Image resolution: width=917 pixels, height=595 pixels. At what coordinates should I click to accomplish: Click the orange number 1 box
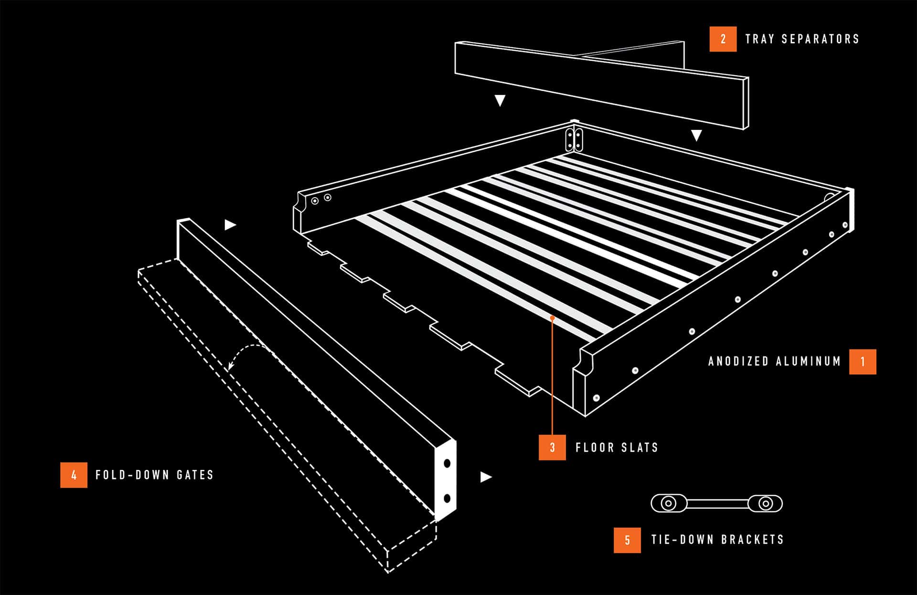[x=863, y=361]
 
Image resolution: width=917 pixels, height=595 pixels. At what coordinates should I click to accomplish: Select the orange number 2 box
[x=723, y=39]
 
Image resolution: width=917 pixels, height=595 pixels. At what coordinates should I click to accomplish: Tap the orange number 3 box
[x=553, y=447]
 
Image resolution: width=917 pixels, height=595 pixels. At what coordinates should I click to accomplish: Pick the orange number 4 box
[x=74, y=475]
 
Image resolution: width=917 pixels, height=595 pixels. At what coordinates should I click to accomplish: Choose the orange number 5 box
[x=628, y=540]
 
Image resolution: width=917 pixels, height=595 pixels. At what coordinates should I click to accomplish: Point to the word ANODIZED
[x=738, y=361]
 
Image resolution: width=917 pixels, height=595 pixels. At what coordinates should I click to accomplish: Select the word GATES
[x=195, y=475]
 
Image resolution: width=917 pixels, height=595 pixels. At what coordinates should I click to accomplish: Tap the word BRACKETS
[x=753, y=540]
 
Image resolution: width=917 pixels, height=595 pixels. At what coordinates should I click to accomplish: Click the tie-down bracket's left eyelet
[x=669, y=503]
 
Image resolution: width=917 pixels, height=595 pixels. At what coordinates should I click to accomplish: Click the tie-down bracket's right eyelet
[x=766, y=503]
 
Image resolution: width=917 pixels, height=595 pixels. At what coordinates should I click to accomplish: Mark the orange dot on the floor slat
[x=552, y=318]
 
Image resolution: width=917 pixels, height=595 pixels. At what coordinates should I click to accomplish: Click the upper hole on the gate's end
[x=447, y=463]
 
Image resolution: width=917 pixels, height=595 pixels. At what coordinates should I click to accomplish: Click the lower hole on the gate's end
[x=447, y=499]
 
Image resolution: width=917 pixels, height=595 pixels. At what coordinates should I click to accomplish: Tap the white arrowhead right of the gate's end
[x=486, y=477]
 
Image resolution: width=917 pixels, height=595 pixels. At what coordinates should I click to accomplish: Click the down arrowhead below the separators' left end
[x=500, y=100]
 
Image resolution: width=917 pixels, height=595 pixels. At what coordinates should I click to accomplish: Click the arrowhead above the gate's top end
[x=230, y=224]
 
